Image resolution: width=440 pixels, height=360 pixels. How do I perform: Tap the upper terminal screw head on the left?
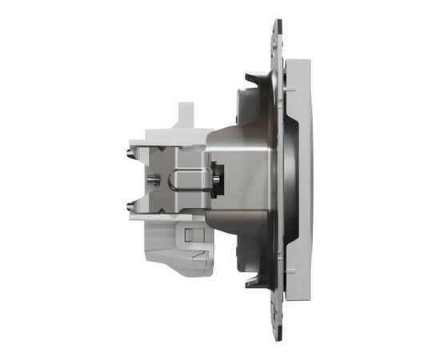(x=130, y=148)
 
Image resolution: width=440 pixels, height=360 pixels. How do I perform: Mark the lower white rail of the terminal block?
(x=168, y=212)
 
